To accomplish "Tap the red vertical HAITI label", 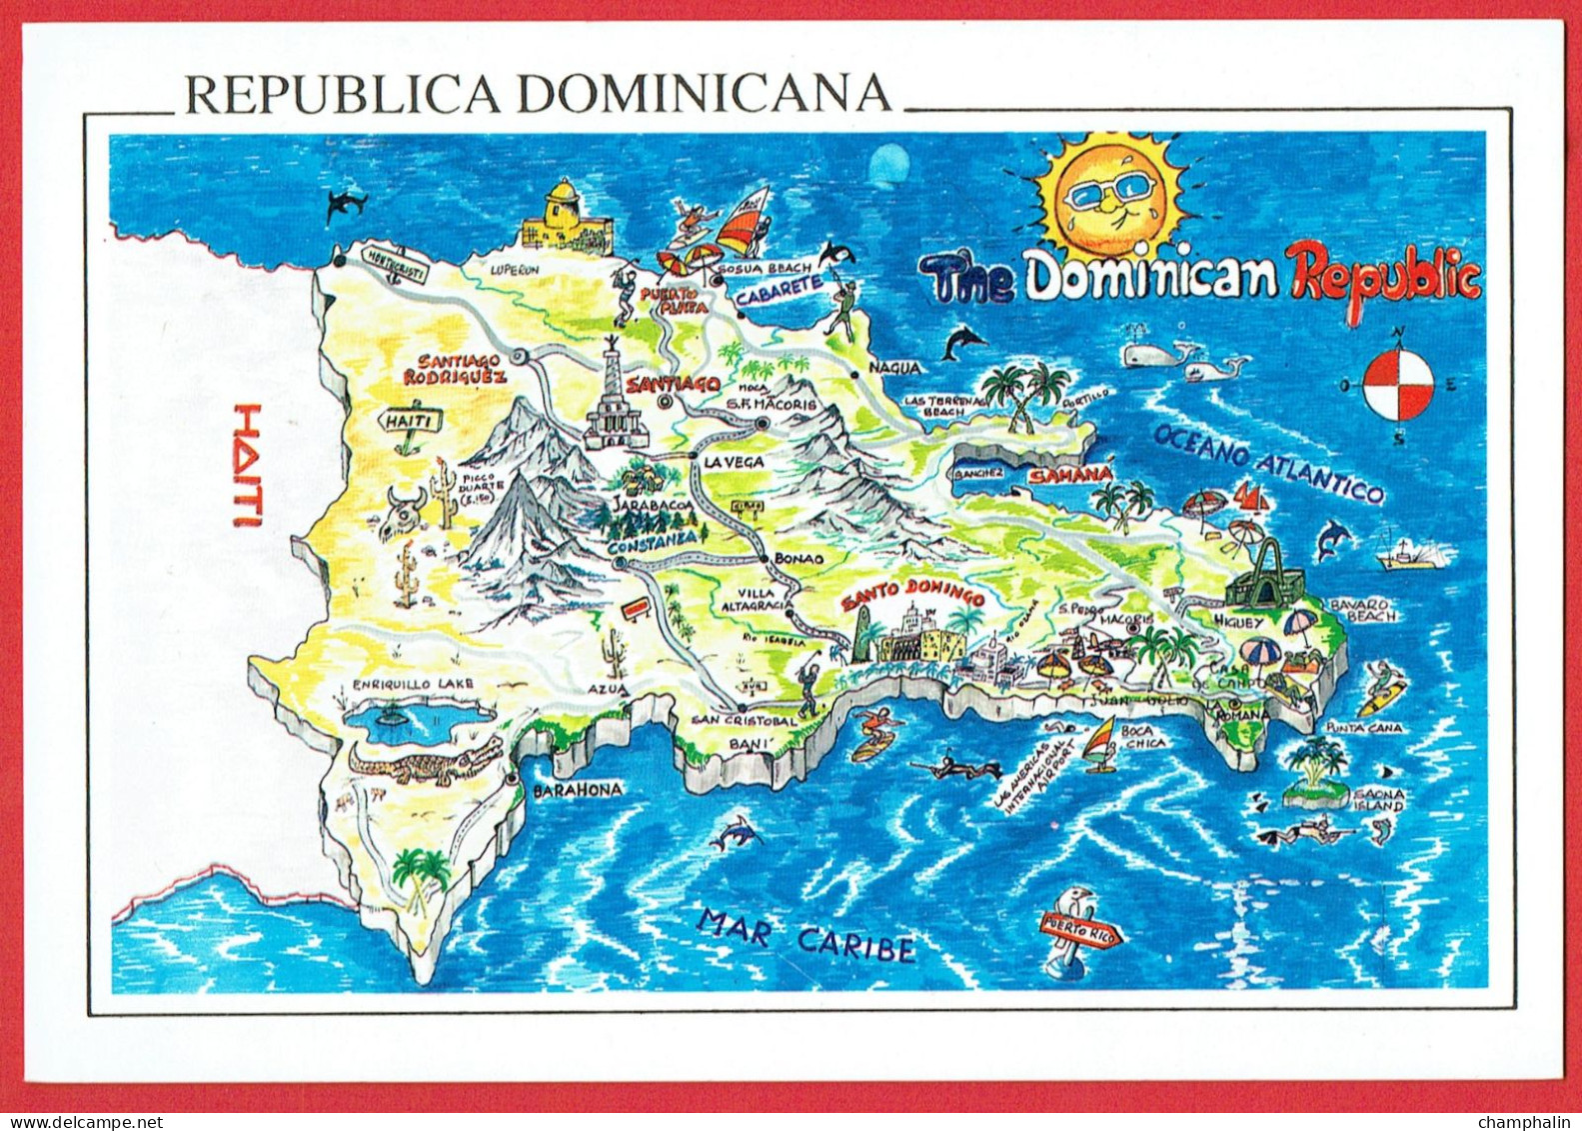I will pyautogui.click(x=246, y=465).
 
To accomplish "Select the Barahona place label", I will pyautogui.click(x=577, y=790).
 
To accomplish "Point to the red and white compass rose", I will pyautogui.click(x=1398, y=385).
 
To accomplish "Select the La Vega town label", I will pyautogui.click(x=733, y=462).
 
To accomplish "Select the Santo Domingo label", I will pyautogui.click(x=911, y=596).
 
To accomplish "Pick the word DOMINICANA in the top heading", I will pyautogui.click(x=703, y=93).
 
